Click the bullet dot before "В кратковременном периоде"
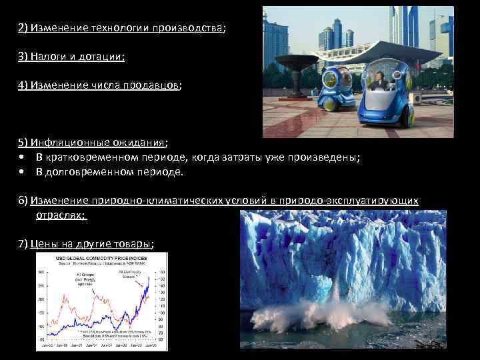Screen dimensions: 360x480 tap(23, 157)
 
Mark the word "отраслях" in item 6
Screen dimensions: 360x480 tap(60, 215)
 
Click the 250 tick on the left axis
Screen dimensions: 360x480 tap(41, 287)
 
